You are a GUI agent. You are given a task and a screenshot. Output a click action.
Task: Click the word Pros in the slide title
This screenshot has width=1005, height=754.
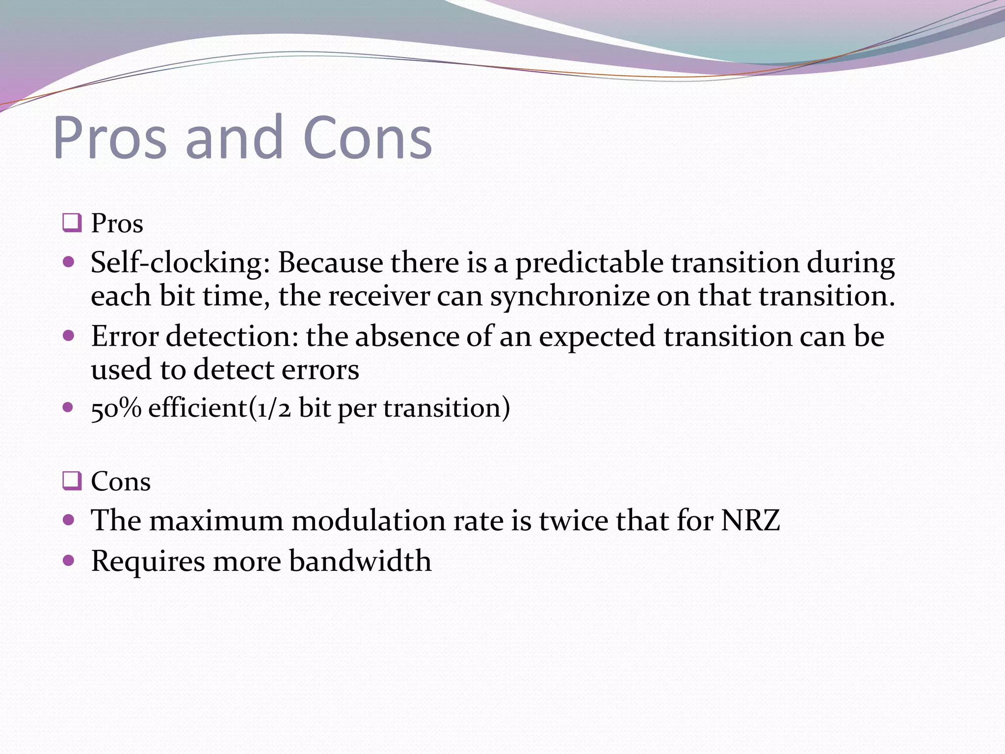110,138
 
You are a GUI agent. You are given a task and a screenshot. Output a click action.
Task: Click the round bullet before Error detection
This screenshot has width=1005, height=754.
69,336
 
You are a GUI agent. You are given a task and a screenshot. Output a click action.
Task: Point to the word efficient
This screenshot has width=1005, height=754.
197,407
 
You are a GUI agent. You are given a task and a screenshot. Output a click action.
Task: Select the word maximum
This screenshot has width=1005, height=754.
216,520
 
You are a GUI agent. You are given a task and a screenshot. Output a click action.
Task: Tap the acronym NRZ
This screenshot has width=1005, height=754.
750,520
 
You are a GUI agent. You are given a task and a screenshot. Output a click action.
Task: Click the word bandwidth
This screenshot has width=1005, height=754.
360,561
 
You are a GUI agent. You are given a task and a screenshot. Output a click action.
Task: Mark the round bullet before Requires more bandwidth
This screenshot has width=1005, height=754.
69,560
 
